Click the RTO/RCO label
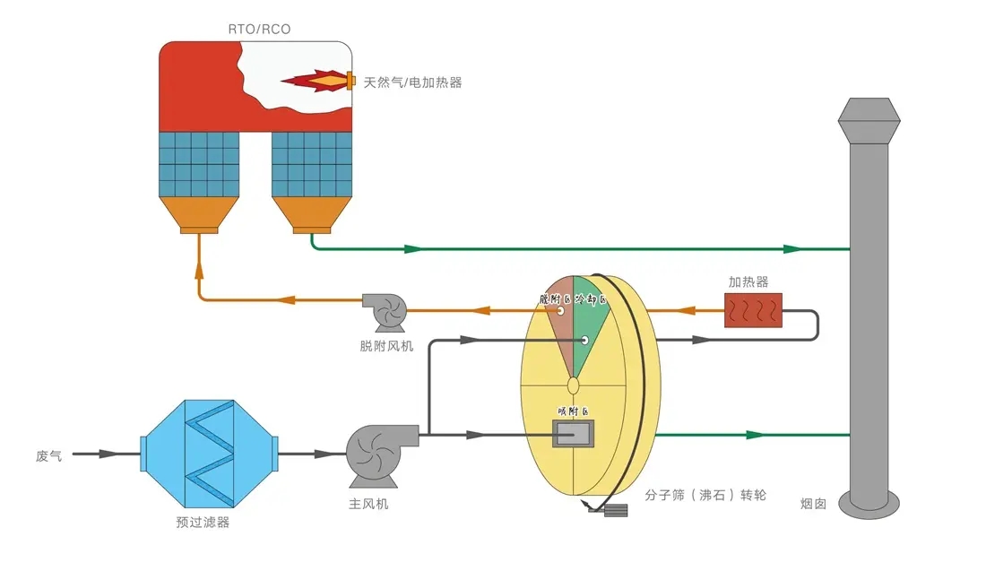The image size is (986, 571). (x=260, y=30)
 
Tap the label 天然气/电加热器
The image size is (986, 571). (x=412, y=82)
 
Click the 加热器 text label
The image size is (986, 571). (x=748, y=281)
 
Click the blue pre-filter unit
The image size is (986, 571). (x=208, y=453)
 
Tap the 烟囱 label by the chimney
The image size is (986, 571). (x=813, y=504)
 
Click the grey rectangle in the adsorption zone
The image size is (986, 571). (x=574, y=434)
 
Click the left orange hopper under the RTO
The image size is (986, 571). (x=199, y=214)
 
